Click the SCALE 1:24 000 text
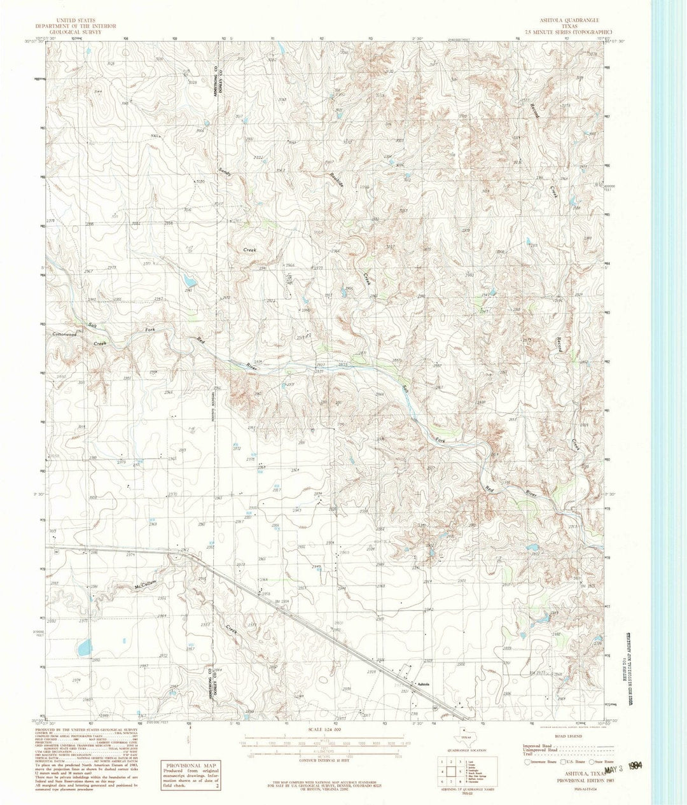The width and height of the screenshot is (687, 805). pos(324,729)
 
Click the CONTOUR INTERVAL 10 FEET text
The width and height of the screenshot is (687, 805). pos(324,762)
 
